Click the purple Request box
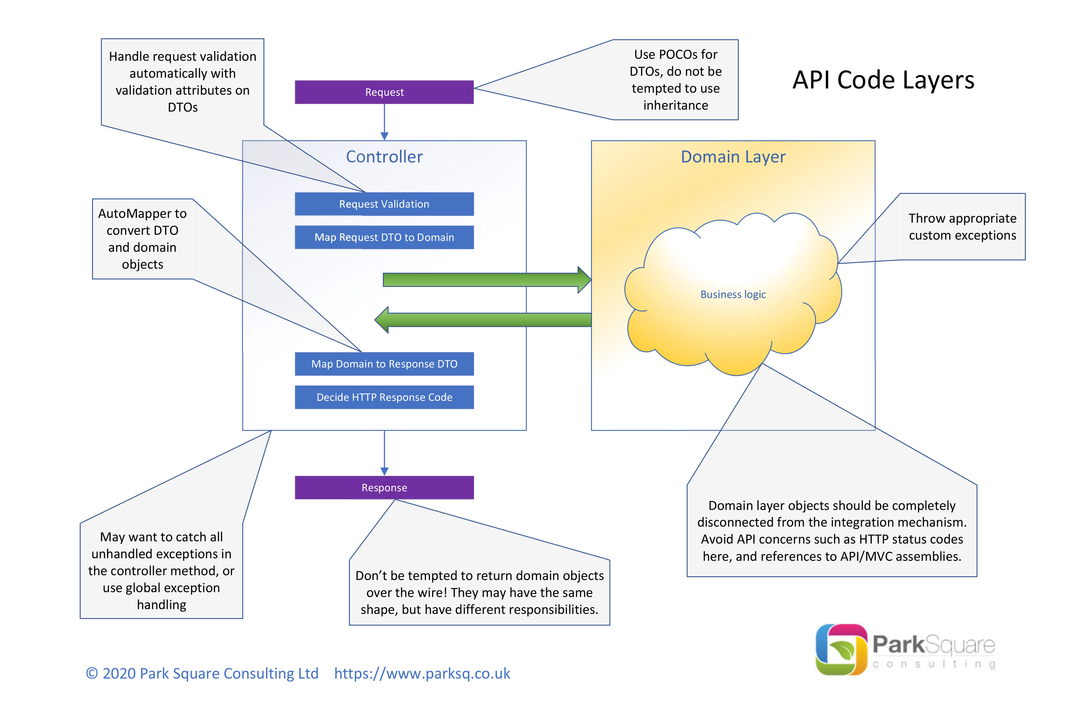click(384, 92)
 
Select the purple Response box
click(384, 488)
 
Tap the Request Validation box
click(384, 204)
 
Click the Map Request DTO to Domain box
click(384, 237)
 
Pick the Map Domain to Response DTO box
click(384, 364)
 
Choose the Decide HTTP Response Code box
click(384, 397)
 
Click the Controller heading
click(384, 157)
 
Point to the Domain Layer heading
click(733, 157)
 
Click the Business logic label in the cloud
click(733, 295)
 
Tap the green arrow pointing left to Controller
click(483, 320)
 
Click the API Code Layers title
click(883, 80)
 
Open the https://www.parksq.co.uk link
click(422, 673)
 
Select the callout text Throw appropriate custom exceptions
click(962, 227)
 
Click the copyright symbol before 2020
click(92, 673)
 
